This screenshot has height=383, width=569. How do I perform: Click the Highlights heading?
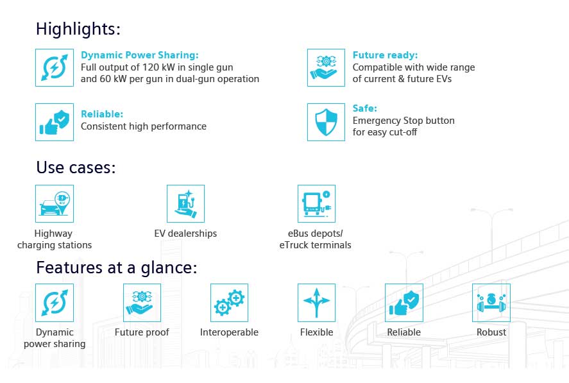pyautogui.click(x=78, y=29)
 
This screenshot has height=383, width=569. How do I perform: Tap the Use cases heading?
pyautogui.click(x=76, y=167)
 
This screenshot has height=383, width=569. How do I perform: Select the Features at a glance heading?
pyautogui.click(x=117, y=268)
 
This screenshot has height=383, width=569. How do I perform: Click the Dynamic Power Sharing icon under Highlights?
pyautogui.click(x=55, y=67)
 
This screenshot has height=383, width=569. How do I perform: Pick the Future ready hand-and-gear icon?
pyautogui.click(x=326, y=67)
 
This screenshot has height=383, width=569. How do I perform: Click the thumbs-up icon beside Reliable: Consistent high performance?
pyautogui.click(x=55, y=122)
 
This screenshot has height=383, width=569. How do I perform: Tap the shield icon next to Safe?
pyautogui.click(x=326, y=122)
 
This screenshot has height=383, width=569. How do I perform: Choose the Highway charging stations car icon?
pyautogui.click(x=55, y=203)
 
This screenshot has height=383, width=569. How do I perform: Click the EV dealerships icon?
pyautogui.click(x=185, y=203)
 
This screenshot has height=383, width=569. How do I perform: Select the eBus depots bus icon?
pyautogui.click(x=316, y=203)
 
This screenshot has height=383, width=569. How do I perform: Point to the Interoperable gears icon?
pyautogui.click(x=229, y=303)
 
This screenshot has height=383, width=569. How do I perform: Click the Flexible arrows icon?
pyautogui.click(x=316, y=303)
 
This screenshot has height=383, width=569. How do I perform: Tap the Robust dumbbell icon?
pyautogui.click(x=491, y=303)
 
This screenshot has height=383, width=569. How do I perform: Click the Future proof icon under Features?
pyautogui.click(x=142, y=303)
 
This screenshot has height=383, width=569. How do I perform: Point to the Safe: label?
pyautogui.click(x=365, y=108)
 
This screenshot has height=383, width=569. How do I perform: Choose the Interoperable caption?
pyautogui.click(x=229, y=332)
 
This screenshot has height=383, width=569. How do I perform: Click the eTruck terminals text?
pyautogui.click(x=316, y=245)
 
